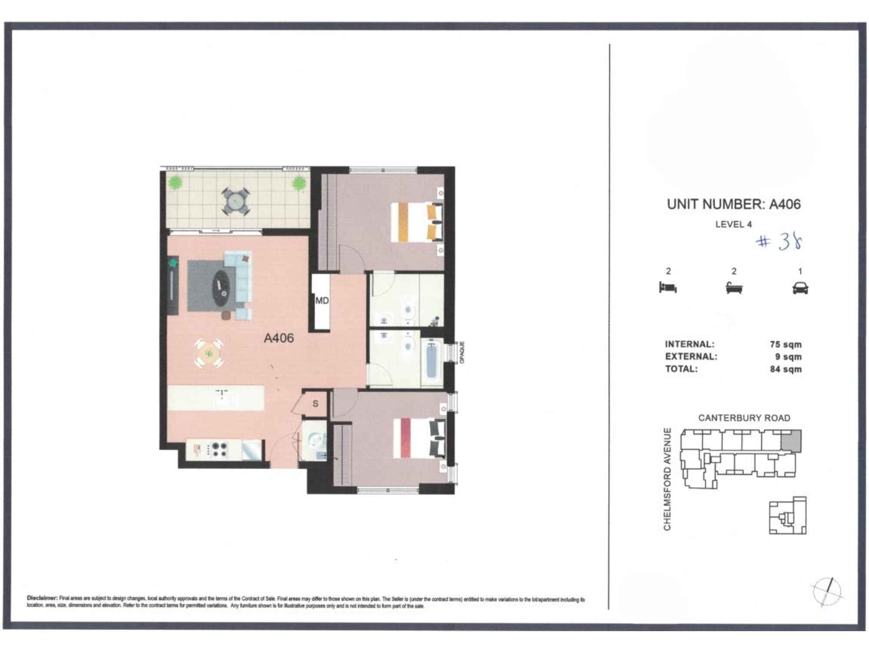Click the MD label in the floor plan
322,301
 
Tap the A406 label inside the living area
279,338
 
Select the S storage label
315,404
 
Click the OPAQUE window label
462,353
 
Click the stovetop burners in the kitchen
218,449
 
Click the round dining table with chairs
209,353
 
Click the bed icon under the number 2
668,287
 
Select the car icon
800,288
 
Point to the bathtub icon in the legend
734,287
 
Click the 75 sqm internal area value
786,344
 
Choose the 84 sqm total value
786,369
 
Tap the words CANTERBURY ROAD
744,418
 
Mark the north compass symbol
827,592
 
